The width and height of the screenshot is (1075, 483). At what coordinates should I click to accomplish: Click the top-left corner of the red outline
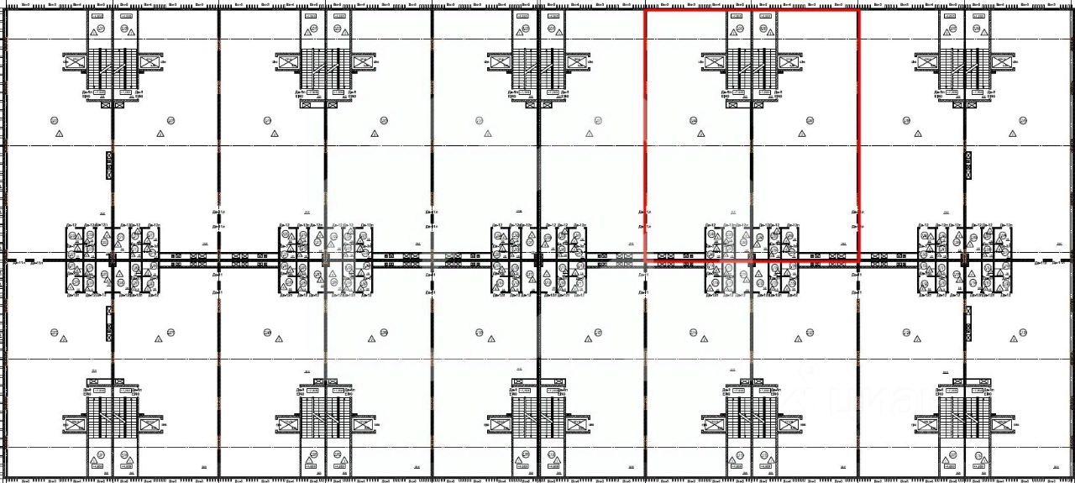(645, 10)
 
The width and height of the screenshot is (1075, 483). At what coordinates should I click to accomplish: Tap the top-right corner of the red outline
(858, 10)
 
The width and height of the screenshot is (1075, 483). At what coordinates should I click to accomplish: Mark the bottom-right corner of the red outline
(858, 262)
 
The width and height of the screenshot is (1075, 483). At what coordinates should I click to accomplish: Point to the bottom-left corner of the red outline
(645, 262)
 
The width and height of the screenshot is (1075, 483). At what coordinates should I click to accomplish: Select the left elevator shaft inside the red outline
(714, 61)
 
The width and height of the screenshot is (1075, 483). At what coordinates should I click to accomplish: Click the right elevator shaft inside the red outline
(789, 61)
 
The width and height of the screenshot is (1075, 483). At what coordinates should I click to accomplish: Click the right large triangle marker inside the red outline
(801, 133)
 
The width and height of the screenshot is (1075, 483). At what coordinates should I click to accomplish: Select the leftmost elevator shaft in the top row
(75, 61)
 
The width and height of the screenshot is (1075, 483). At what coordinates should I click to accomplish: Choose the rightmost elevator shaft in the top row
(1003, 61)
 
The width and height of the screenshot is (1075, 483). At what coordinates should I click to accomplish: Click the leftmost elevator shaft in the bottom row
(75, 425)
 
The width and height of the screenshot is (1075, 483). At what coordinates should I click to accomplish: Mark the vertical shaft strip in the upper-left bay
(110, 165)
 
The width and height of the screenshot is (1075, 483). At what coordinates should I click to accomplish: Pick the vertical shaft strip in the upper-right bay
(966, 165)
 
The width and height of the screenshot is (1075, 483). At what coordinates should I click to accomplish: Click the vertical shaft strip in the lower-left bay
(110, 323)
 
